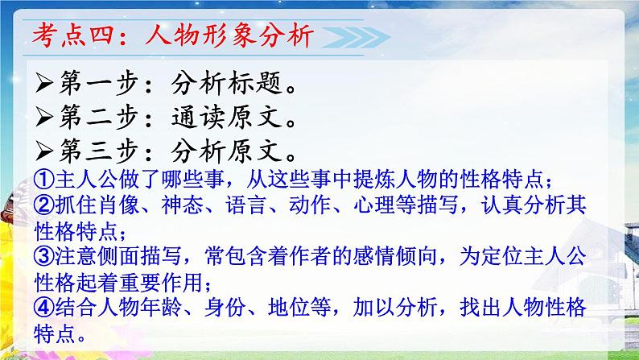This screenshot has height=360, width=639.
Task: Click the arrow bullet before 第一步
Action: [41, 82]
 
